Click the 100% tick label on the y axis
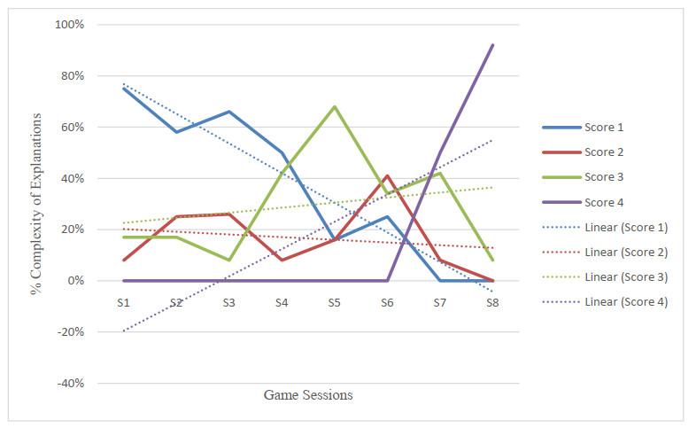click(x=69, y=25)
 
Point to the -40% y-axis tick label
click(x=71, y=383)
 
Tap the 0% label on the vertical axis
click(x=76, y=281)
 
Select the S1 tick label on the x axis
click(x=123, y=303)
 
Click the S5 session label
click(x=334, y=303)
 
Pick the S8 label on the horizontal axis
click(x=492, y=303)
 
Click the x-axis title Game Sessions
click(x=308, y=394)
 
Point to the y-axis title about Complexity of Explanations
click(x=35, y=204)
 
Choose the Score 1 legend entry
click(x=583, y=128)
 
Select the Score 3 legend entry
click(x=583, y=177)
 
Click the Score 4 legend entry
click(x=583, y=202)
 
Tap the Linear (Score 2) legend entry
click(x=605, y=253)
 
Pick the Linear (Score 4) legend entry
click(x=605, y=302)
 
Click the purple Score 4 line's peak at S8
click(x=492, y=45)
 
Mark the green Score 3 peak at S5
click(x=334, y=106)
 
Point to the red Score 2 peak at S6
click(x=387, y=175)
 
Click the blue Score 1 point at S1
click(x=123, y=89)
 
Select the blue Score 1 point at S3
click(x=229, y=112)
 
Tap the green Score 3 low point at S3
click(x=229, y=261)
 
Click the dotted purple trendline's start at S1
click(x=123, y=331)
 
